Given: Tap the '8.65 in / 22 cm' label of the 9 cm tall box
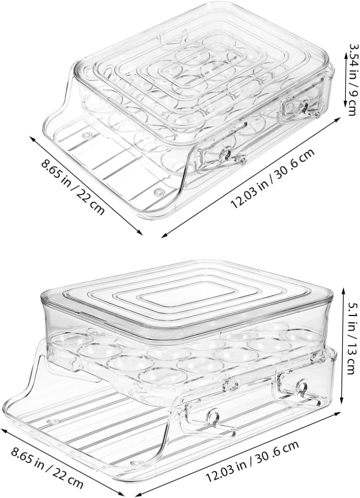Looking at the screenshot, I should coord(73,187).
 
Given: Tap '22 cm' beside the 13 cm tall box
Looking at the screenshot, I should coord(70,475).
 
